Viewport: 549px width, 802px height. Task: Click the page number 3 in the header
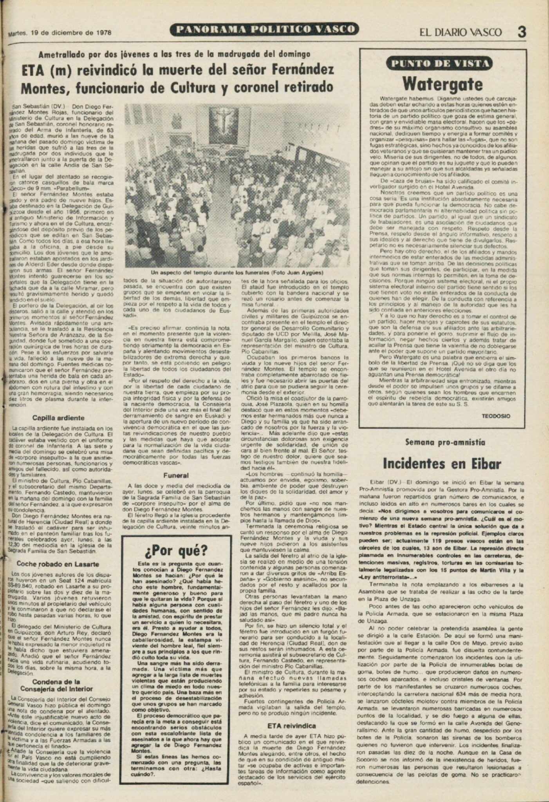click(521, 31)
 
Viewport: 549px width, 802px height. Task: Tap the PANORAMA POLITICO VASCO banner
click(265, 29)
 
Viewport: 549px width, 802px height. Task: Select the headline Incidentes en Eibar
click(442, 464)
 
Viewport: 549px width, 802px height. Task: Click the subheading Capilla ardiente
click(58, 418)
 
